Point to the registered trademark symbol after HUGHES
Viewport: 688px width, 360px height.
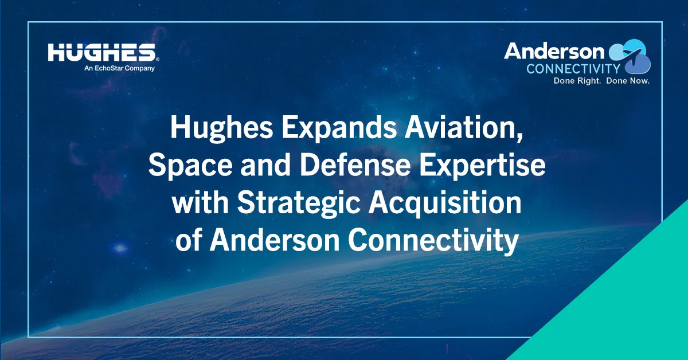tap(157, 59)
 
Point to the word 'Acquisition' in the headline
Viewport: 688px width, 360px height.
tap(447, 204)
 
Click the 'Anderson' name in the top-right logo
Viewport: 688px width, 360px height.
tap(554, 52)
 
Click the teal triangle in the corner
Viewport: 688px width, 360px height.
tap(636, 310)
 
